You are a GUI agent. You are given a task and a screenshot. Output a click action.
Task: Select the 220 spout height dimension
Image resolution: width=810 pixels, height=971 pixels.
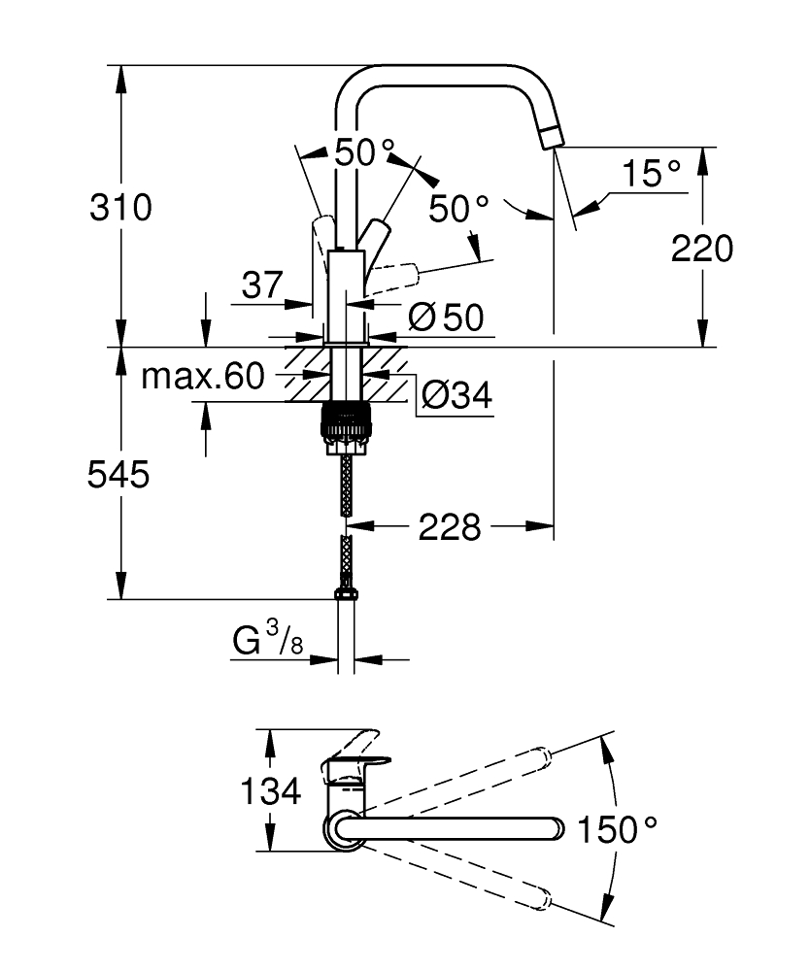click(702, 249)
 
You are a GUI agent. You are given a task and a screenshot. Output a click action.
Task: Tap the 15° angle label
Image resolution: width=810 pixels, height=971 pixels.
click(651, 174)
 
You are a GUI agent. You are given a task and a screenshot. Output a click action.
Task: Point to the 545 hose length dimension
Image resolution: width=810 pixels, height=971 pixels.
click(118, 475)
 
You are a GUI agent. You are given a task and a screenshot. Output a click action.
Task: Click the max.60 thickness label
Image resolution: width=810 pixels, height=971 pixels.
click(202, 377)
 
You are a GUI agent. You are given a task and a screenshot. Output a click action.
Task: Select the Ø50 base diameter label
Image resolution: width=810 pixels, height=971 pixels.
click(446, 317)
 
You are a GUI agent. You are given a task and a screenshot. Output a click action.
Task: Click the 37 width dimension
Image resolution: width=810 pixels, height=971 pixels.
click(261, 285)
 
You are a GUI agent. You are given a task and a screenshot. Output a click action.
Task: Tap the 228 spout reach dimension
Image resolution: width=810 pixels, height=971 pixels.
click(450, 527)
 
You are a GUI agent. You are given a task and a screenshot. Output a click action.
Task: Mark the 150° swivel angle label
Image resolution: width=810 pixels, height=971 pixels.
click(618, 829)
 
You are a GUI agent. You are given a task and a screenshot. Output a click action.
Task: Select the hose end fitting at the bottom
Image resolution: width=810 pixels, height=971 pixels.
click(345, 593)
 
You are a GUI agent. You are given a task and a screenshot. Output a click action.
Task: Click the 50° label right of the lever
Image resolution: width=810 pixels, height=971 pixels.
click(459, 209)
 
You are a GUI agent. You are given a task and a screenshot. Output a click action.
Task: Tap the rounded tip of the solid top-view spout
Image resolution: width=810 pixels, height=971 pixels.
click(555, 828)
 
